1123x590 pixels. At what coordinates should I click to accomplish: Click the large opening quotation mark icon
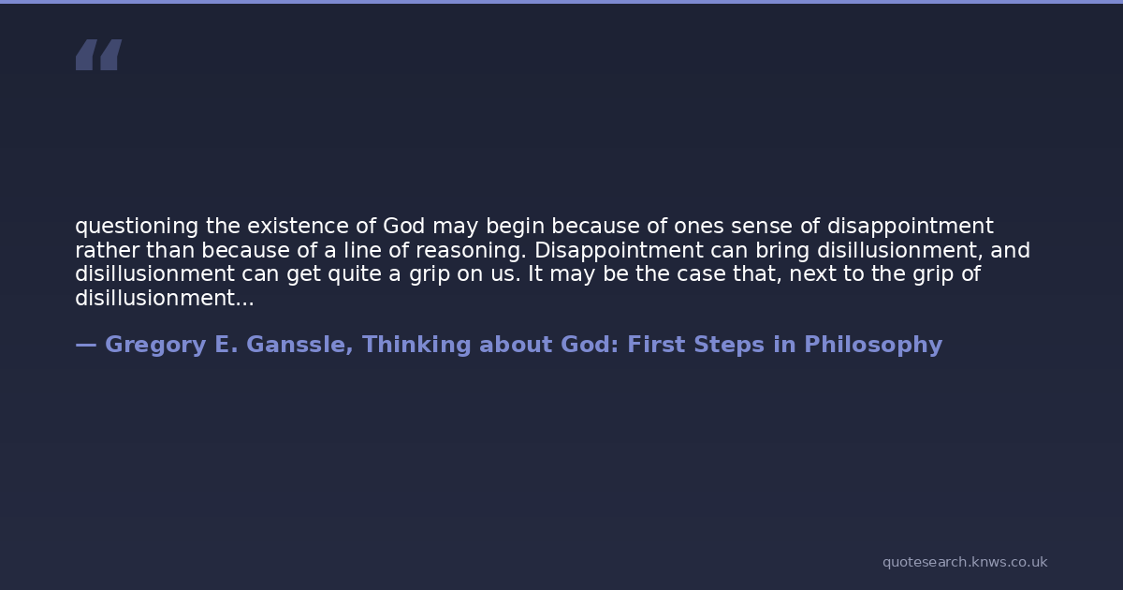[99, 54]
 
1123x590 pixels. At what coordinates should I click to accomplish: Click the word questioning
[137, 227]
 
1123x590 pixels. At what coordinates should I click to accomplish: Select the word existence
[298, 226]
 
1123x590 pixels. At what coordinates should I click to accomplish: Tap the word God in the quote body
[404, 226]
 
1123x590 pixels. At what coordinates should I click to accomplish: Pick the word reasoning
[471, 251]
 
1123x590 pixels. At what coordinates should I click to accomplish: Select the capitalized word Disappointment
[619, 251]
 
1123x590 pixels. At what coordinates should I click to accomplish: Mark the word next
[812, 274]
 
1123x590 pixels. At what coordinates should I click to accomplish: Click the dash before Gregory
[86, 346]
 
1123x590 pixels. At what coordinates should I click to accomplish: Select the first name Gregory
[155, 346]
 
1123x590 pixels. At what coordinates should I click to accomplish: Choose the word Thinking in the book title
[416, 346]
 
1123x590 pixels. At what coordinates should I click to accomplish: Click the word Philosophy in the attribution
[873, 346]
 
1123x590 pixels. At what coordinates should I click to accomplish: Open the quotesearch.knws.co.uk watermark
[965, 563]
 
